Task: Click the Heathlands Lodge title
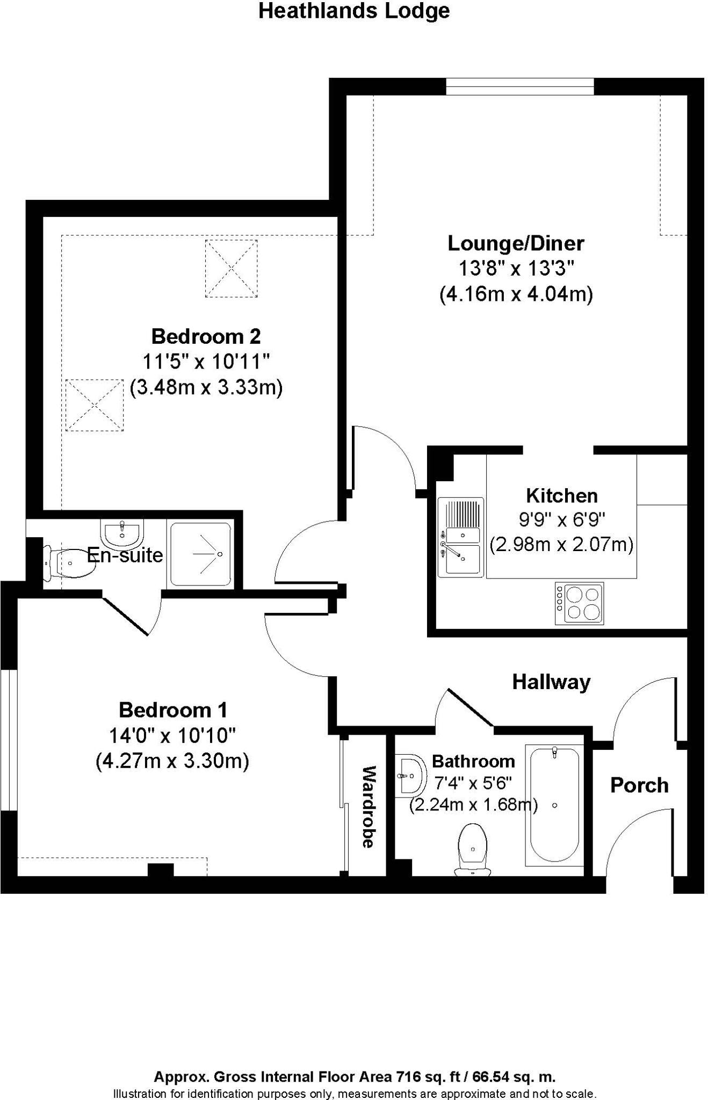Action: click(x=354, y=11)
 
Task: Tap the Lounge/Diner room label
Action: click(x=516, y=243)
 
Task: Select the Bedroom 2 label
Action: click(x=206, y=336)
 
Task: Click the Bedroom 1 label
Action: click(x=173, y=710)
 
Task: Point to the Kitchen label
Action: click(x=561, y=495)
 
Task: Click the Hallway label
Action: click(x=551, y=682)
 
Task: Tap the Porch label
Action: click(x=639, y=785)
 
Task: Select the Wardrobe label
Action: click(x=368, y=807)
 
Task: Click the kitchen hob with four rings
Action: click(x=579, y=603)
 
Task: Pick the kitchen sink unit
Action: click(x=460, y=537)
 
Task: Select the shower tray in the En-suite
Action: click(x=201, y=554)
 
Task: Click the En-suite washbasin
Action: click(x=122, y=533)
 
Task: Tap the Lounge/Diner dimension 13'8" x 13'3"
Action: click(x=516, y=268)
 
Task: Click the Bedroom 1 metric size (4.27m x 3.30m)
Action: click(x=172, y=761)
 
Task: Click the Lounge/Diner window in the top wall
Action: click(x=519, y=86)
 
